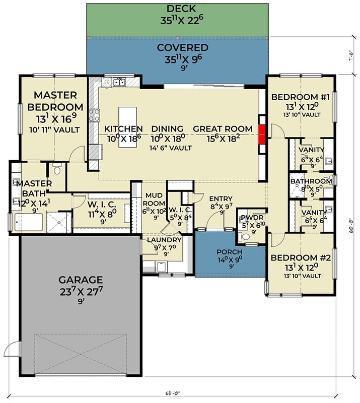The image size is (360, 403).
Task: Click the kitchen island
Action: click(x=127, y=127)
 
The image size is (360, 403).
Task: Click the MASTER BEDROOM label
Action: click(x=55, y=101)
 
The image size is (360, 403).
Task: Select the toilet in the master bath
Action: click(x=56, y=170)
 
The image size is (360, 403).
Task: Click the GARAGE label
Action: click(x=81, y=280)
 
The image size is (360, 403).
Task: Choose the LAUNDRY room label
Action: click(x=164, y=240)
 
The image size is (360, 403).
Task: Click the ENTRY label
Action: click(x=221, y=198)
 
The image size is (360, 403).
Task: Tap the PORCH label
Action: click(x=230, y=252)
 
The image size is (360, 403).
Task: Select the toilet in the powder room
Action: click(x=245, y=235)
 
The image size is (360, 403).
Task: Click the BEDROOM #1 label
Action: click(x=300, y=97)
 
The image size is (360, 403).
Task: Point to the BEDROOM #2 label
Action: click(x=300, y=258)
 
